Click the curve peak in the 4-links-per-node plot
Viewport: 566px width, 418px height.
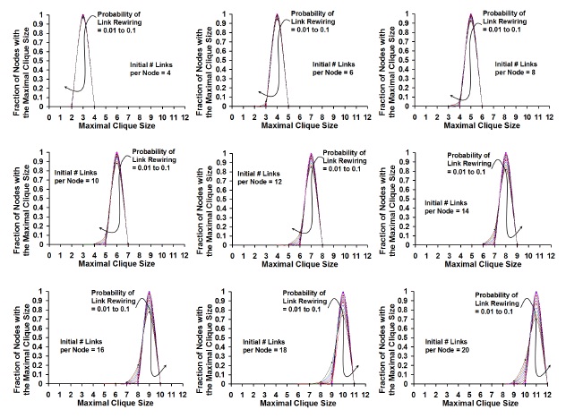tap(83, 15)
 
